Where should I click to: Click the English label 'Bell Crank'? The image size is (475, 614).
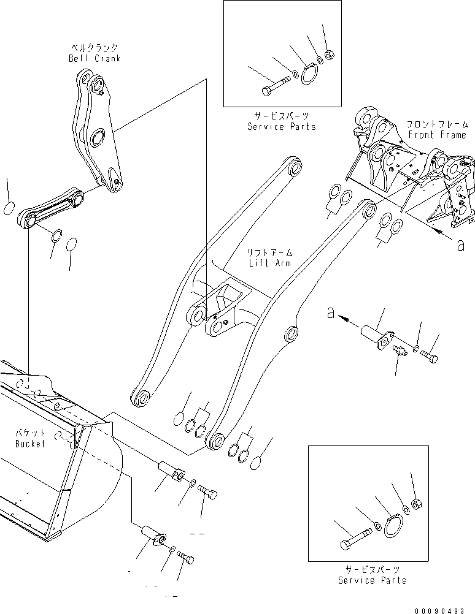coord(95,59)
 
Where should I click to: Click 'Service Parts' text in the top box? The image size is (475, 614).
coord(282,126)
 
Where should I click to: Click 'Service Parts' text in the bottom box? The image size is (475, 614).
coord(372,580)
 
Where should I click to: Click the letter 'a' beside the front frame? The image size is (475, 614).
coord(460,245)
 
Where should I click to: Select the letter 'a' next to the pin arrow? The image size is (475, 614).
coord(331,314)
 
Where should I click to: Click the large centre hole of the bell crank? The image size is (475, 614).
coord(96,138)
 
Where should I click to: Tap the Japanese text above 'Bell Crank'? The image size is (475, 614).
coord(95,48)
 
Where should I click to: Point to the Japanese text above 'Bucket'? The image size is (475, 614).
coord(29,433)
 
